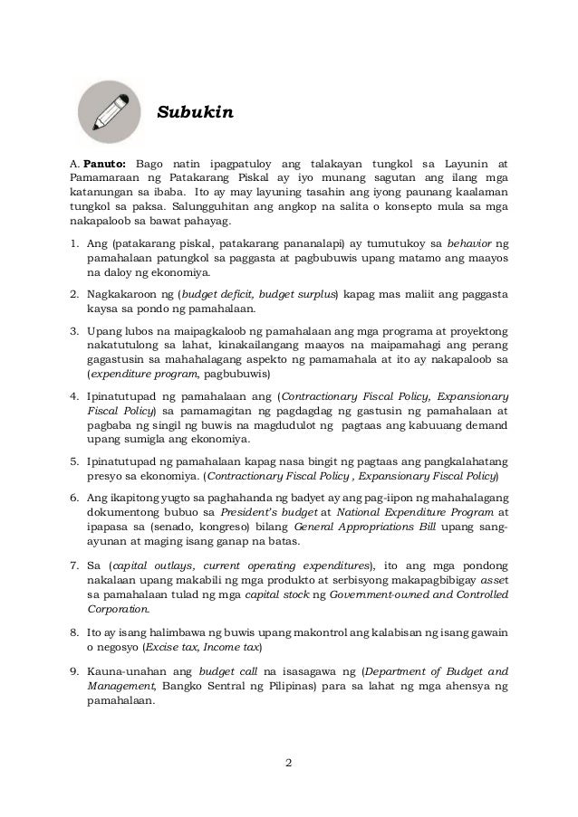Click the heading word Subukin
click(x=197, y=113)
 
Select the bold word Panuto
click(x=104, y=163)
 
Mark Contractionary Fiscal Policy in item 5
click(x=280, y=475)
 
